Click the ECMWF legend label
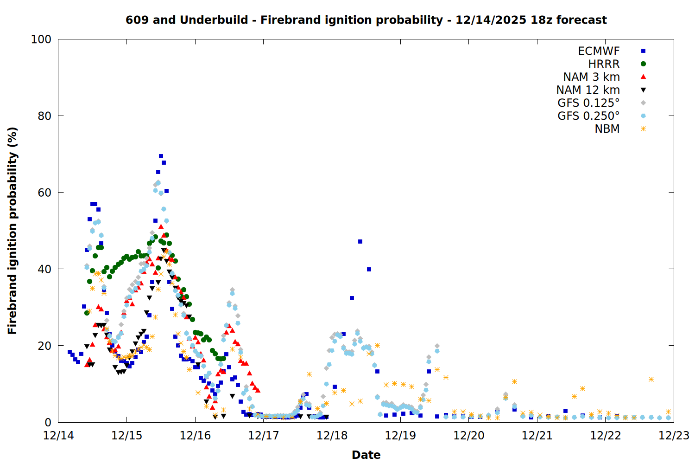point(599,51)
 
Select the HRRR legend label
point(604,64)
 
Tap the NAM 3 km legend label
point(591,77)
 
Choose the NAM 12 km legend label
point(588,90)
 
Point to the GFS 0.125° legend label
point(588,103)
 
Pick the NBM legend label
point(607,129)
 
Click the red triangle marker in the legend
point(643,77)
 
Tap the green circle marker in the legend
point(643,64)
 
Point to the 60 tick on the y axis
point(44,193)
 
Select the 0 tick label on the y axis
point(48,422)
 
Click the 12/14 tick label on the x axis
point(58,436)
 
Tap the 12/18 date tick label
point(332,436)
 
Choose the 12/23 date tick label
point(674,436)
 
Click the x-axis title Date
point(366,455)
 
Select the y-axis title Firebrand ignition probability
point(13,231)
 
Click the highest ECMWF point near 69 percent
point(161,156)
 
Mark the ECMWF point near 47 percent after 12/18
point(360,242)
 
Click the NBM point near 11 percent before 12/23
point(651,380)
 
